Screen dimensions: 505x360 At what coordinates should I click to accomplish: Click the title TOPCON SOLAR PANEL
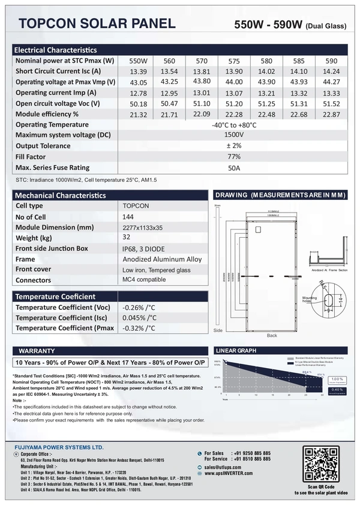(x=97, y=23)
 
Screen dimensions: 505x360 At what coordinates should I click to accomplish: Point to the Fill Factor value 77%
(x=234, y=157)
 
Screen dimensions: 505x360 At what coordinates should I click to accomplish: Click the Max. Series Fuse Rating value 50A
(x=234, y=168)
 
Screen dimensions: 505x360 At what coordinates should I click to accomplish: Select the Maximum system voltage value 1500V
(x=234, y=135)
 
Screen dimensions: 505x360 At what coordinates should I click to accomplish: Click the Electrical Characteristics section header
(x=55, y=50)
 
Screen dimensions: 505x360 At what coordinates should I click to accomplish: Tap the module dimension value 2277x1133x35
(x=143, y=228)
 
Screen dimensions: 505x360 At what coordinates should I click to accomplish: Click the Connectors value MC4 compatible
(x=143, y=280)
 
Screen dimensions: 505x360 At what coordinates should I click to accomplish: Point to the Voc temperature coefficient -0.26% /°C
(x=139, y=307)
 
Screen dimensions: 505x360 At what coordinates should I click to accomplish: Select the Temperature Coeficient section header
(x=55, y=297)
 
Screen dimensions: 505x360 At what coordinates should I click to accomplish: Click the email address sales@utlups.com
(x=226, y=467)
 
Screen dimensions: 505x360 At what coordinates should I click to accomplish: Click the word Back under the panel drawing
(x=272, y=335)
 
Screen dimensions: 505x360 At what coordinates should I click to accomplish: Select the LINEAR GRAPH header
(x=235, y=350)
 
